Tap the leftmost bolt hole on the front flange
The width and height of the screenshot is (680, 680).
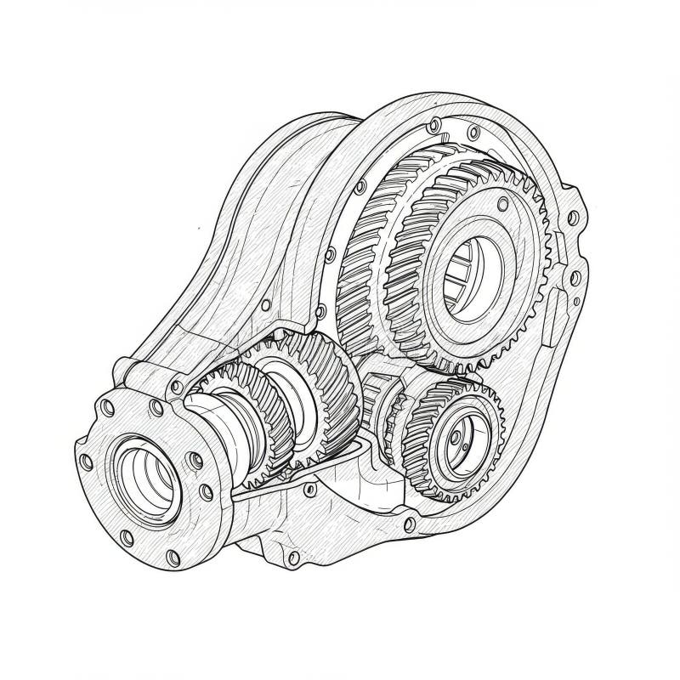click(x=86, y=462)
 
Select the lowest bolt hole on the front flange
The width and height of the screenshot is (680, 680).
click(x=173, y=557)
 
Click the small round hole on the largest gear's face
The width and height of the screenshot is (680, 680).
click(x=502, y=203)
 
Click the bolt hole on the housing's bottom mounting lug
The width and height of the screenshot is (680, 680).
click(x=293, y=558)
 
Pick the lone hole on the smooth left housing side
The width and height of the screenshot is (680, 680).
click(x=266, y=304)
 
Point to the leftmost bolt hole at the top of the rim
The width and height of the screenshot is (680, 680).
click(x=434, y=125)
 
